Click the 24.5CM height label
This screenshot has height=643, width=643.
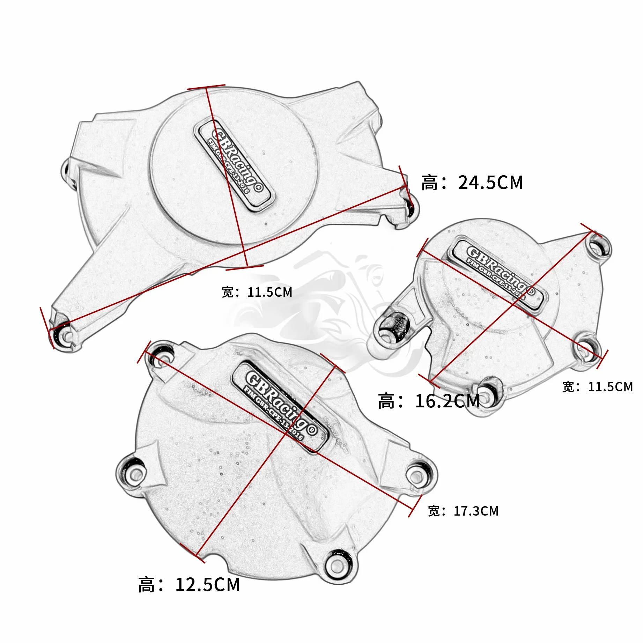[472, 183]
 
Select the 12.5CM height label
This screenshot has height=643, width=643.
[189, 585]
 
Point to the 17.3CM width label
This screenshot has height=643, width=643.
[463, 511]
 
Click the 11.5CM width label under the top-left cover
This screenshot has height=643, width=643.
[257, 292]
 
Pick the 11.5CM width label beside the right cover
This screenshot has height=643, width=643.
[597, 387]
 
